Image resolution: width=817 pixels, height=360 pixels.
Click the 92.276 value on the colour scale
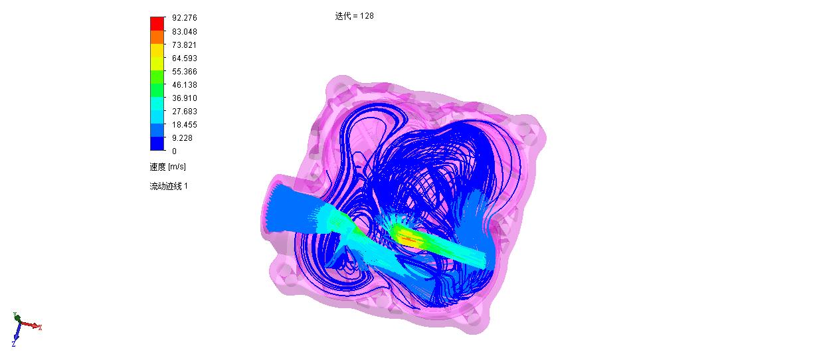(x=185, y=18)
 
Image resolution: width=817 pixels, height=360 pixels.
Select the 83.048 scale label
(x=185, y=32)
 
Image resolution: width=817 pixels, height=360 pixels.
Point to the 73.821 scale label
(x=184, y=45)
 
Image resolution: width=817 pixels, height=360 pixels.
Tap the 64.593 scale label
(x=185, y=58)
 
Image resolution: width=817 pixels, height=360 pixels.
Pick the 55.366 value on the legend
(x=185, y=72)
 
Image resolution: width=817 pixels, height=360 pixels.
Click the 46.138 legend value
(x=185, y=85)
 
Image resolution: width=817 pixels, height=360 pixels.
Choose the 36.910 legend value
(x=185, y=98)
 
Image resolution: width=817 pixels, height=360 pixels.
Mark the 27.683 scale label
(x=185, y=111)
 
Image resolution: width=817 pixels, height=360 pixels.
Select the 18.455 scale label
(x=185, y=125)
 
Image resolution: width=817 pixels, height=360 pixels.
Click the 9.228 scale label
(x=183, y=138)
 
